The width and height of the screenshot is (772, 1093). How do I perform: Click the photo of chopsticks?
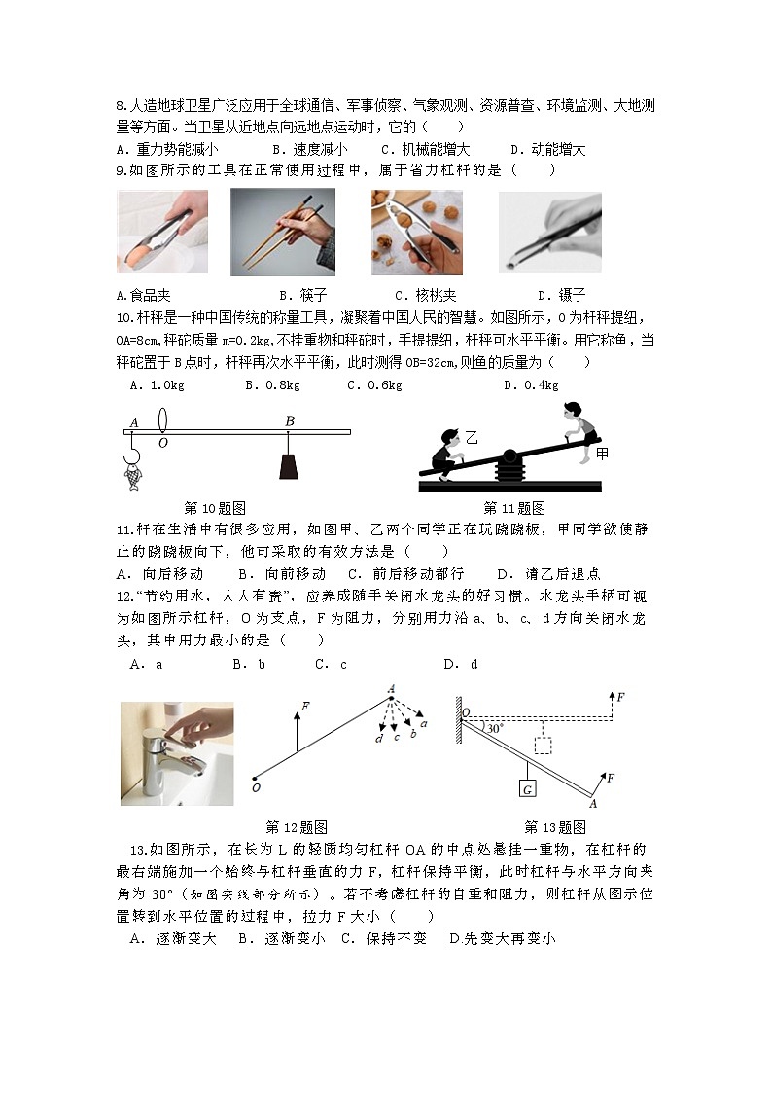click(282, 231)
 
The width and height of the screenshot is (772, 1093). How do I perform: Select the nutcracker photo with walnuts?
click(416, 232)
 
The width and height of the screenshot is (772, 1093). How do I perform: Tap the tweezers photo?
click(549, 232)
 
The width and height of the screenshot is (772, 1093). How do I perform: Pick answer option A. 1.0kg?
click(157, 385)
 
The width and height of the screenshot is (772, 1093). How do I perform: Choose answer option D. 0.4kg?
click(531, 385)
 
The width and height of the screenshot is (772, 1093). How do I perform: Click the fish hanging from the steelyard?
click(131, 473)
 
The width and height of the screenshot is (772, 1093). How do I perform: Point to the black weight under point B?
click(289, 467)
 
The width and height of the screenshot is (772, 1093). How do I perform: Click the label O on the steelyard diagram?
click(162, 441)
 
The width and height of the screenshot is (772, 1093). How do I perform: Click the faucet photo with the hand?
click(176, 753)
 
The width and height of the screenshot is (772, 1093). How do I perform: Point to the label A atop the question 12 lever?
click(391, 689)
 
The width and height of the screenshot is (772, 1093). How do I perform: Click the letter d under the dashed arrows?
click(377, 740)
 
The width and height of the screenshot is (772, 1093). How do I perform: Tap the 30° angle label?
click(495, 728)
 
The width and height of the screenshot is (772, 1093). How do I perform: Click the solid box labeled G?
click(526, 788)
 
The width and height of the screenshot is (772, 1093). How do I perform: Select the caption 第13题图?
click(554, 827)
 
